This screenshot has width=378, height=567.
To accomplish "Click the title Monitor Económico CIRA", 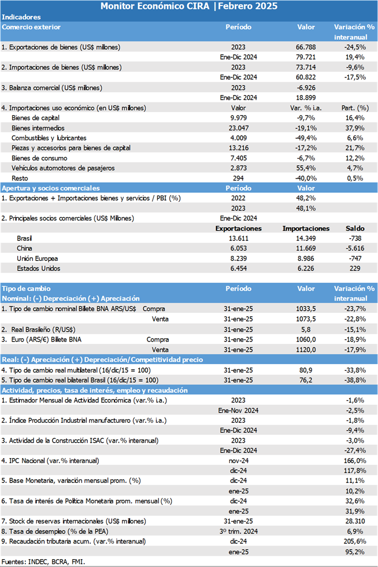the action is click(155, 6).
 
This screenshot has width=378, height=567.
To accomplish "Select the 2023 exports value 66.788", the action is click(306, 47).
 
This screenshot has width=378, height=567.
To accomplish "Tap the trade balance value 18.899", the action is click(306, 98).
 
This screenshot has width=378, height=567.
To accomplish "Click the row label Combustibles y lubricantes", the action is click(49, 138).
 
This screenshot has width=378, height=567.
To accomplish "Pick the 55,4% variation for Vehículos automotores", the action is click(306, 168).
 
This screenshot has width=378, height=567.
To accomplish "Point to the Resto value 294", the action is click(238, 179).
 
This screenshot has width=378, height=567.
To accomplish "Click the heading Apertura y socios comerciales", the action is click(51, 188).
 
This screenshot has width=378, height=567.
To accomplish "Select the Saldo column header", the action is click(355, 229).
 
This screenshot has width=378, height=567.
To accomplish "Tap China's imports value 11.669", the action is click(306, 249).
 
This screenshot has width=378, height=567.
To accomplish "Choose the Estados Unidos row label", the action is click(38, 269).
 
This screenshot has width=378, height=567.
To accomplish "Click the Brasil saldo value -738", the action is click(355, 238).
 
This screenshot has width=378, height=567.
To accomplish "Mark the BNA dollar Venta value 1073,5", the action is click(306, 319).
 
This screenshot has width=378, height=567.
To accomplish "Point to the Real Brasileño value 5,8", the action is click(306, 329).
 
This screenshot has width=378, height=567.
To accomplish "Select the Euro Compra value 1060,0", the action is click(306, 339).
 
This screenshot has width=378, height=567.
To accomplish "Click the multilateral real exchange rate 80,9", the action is click(306, 370).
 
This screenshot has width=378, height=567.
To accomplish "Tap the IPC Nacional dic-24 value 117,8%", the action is click(355, 471).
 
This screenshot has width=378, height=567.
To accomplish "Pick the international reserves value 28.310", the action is click(355, 521).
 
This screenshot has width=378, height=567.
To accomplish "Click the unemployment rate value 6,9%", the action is click(355, 531).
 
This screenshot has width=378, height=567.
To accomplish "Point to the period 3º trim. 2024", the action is click(238, 531).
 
